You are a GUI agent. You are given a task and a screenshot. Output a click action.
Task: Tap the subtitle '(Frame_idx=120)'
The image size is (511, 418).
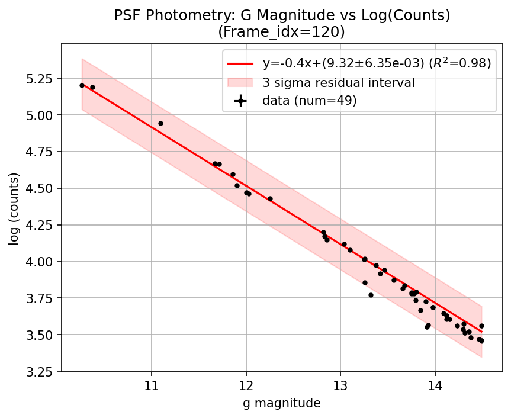click(281, 32)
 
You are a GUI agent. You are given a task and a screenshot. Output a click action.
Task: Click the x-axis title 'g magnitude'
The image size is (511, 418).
click(281, 404)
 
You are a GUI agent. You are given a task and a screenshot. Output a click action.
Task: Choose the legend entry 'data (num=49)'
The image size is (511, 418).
click(309, 101)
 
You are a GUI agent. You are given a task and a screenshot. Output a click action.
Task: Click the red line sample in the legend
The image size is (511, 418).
click(240, 64)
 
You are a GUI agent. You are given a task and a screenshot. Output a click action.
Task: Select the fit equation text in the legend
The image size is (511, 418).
click(377, 63)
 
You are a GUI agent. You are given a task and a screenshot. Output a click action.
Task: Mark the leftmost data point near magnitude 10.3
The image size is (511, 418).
click(82, 85)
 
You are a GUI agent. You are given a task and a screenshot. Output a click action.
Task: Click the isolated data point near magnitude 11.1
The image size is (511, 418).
click(160, 123)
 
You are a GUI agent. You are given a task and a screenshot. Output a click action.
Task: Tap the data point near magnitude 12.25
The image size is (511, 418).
click(270, 198)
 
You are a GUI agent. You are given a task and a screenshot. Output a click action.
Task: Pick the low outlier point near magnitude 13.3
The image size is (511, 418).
click(371, 295)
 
